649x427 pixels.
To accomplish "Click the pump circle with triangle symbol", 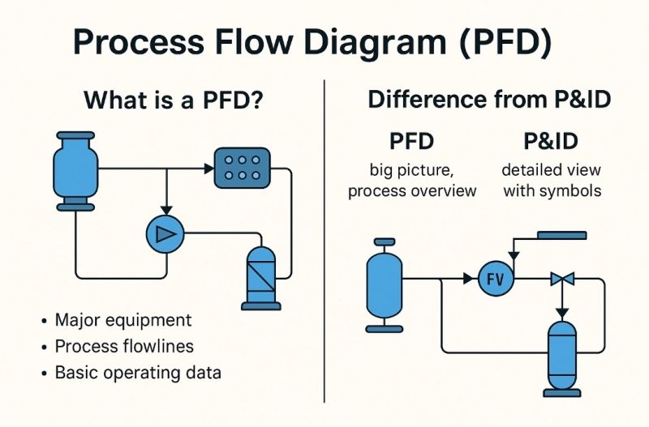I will click(165, 234).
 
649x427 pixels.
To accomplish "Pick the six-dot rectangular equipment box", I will click(241, 168).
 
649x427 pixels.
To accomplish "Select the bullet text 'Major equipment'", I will click(122, 319).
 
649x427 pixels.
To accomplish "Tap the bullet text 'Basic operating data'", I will click(137, 373).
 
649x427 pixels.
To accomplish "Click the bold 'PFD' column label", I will click(411, 142).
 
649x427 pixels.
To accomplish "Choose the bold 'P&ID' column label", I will click(550, 142).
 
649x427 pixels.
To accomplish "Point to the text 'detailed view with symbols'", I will click(550, 181).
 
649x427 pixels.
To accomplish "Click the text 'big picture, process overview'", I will click(412, 181).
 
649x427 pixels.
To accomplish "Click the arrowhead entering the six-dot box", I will click(207, 169).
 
